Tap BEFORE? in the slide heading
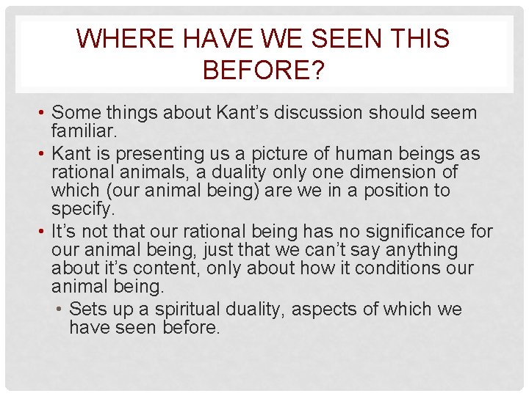coord(264,70)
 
